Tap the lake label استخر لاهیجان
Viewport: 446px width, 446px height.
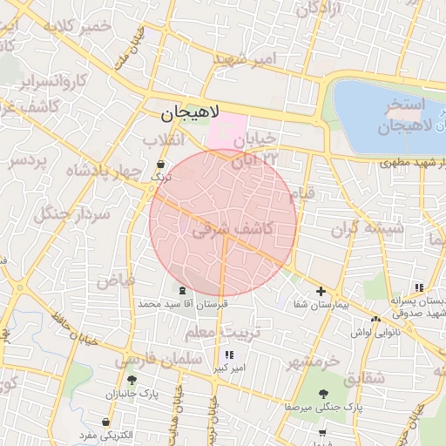[x=395, y=117]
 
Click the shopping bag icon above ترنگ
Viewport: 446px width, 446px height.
[x=159, y=164]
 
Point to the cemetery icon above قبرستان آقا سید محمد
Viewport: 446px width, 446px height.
[x=181, y=290]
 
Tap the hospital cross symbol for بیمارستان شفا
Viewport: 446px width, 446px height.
[x=321, y=292]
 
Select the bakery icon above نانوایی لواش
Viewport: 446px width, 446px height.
[x=375, y=319]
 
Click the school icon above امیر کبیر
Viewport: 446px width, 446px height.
[x=229, y=355]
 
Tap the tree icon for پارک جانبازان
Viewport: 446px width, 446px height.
[x=132, y=380]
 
